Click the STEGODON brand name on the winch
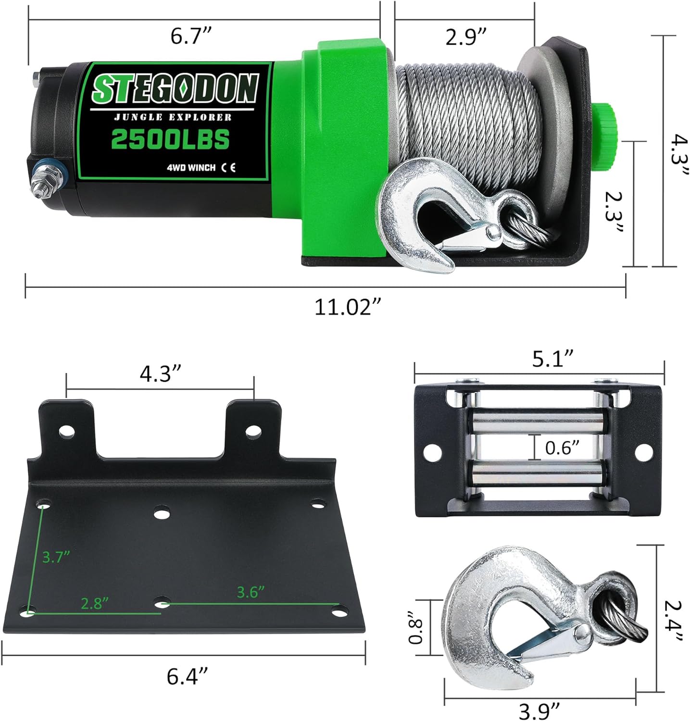(176, 89)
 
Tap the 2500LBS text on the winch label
(170, 139)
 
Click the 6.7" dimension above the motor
(191, 36)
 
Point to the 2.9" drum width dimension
(466, 36)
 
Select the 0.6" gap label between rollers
(562, 448)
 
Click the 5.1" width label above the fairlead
(553, 359)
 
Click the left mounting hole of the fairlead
(433, 452)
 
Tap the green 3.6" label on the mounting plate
(251, 592)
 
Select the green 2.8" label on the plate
(94, 603)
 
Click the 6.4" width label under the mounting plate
(188, 677)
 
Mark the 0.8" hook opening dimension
(415, 627)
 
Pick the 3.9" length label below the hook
(539, 709)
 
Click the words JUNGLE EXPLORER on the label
(173, 117)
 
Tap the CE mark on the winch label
(228, 168)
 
